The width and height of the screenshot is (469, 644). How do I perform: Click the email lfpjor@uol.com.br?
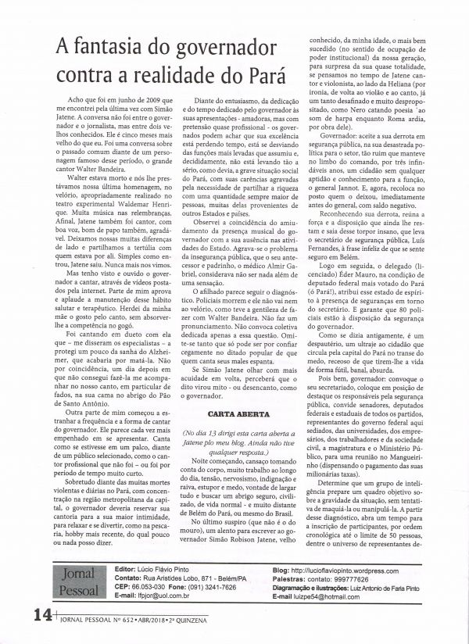[x=166, y=616]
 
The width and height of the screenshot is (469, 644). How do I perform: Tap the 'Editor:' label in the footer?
[x=127, y=592]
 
